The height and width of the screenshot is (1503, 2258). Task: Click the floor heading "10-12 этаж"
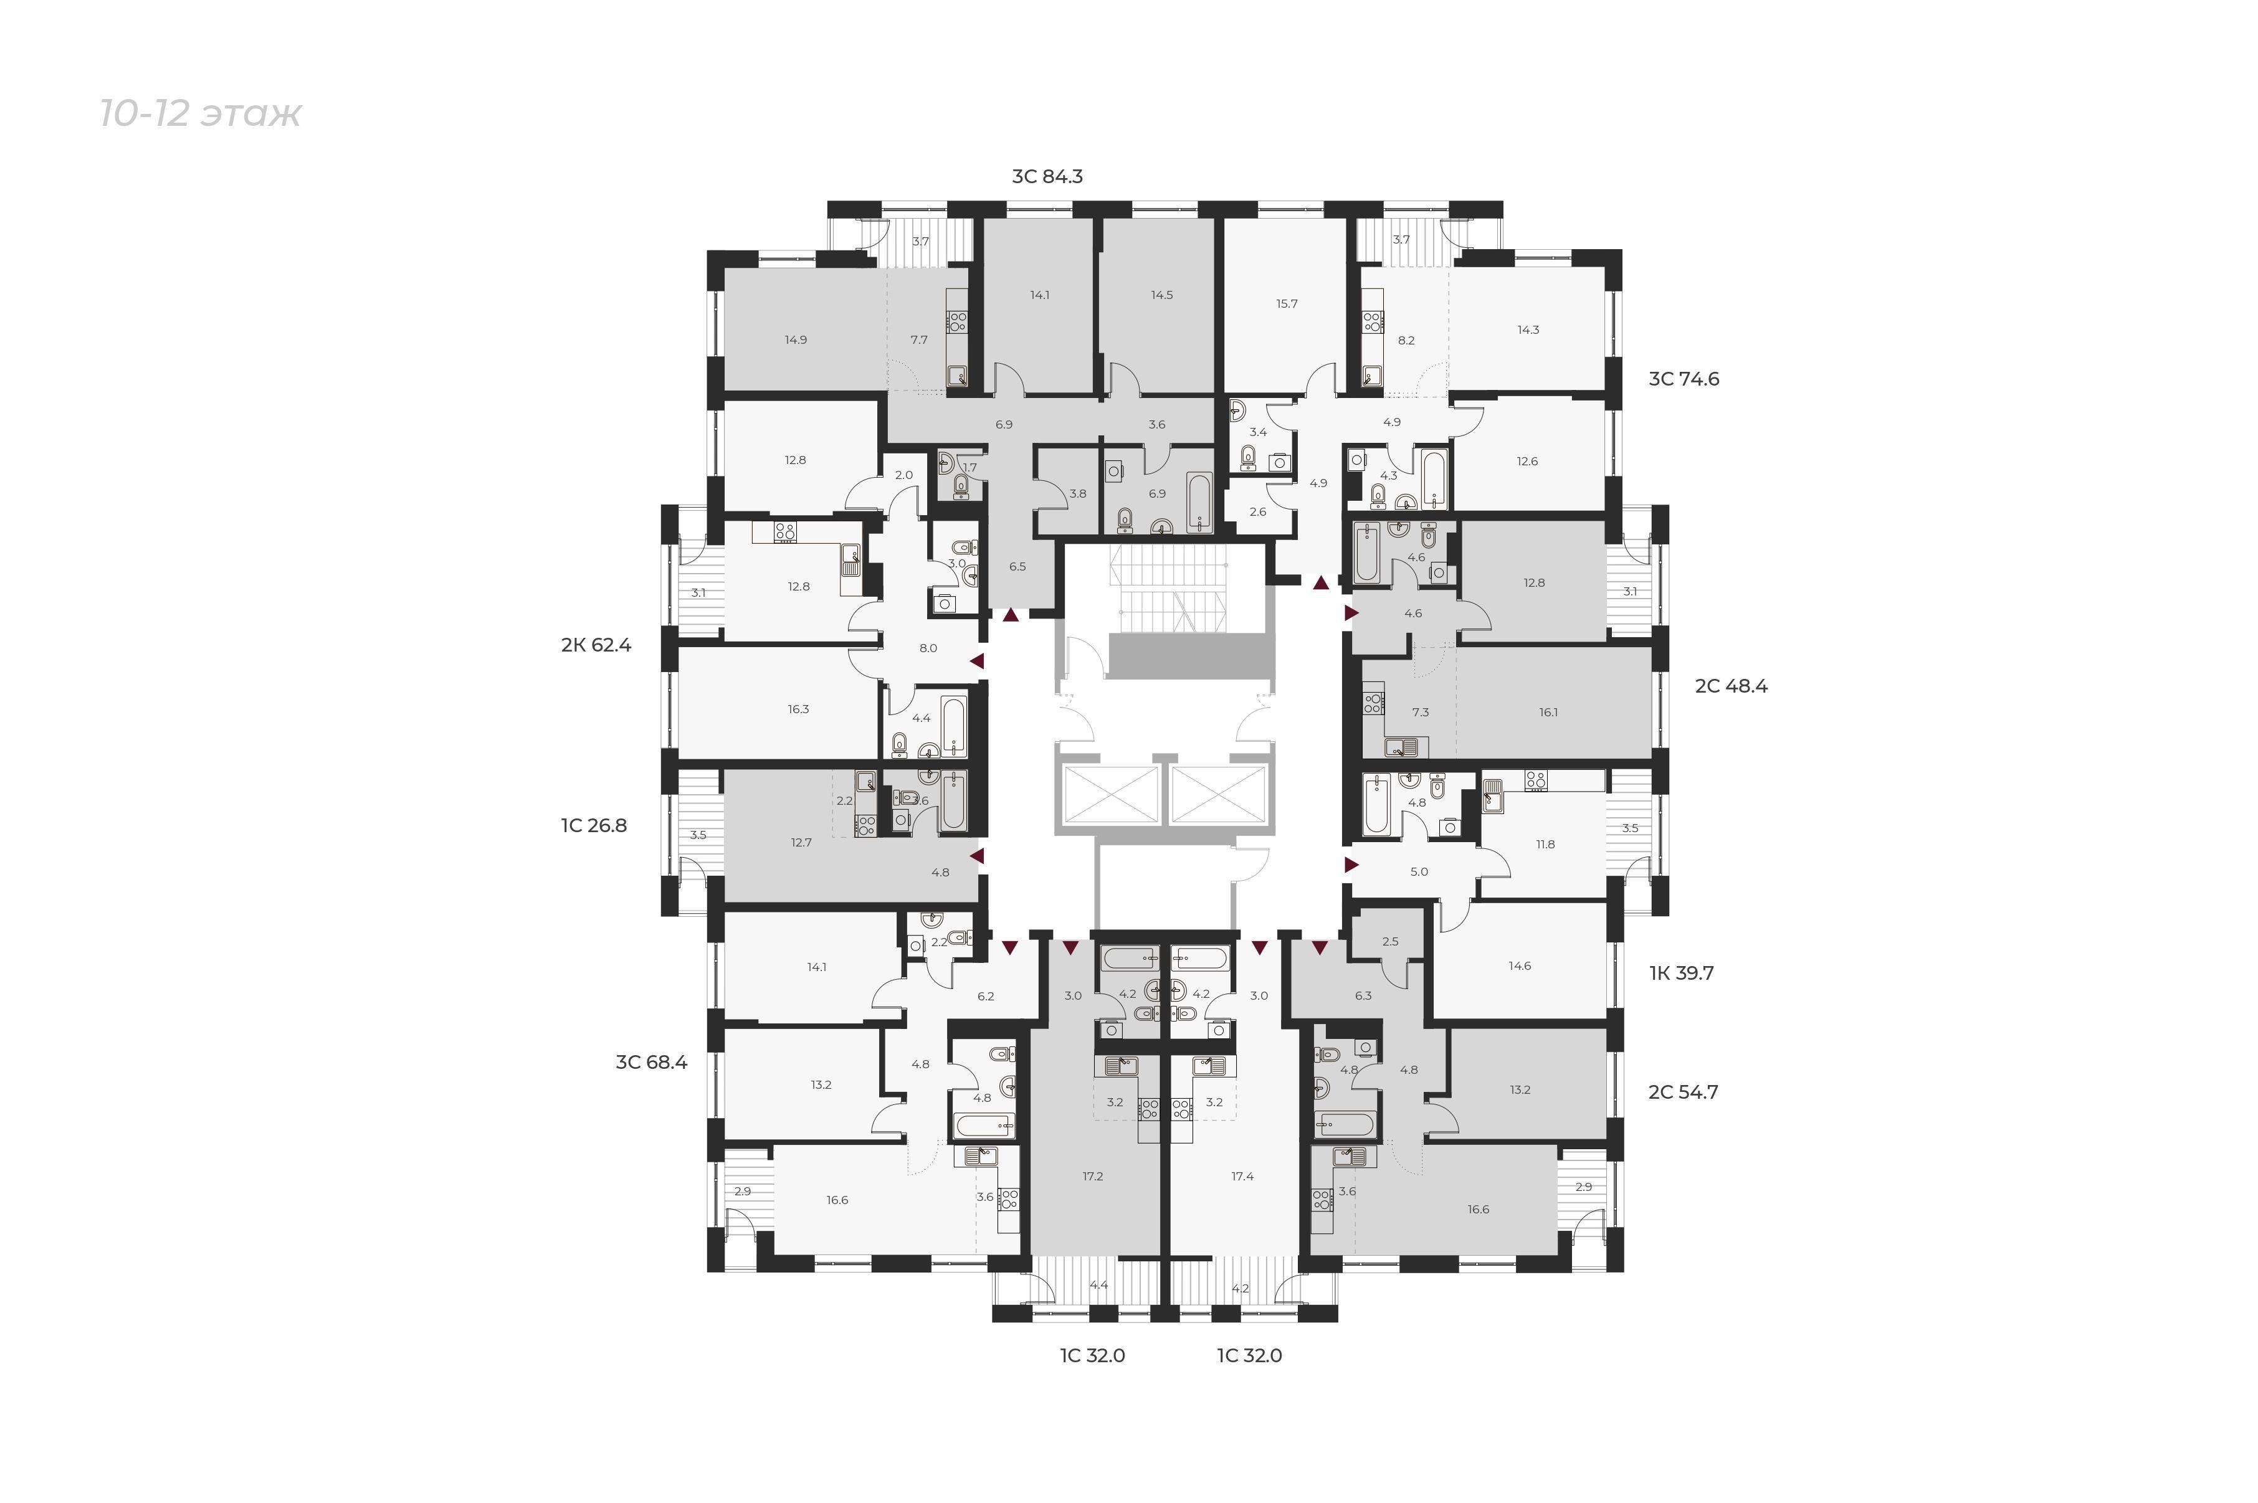[201, 114]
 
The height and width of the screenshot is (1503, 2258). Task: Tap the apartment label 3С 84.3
[1047, 176]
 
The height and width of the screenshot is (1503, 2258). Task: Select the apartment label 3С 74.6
[1684, 379]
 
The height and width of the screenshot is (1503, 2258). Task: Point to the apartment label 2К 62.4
[596, 645]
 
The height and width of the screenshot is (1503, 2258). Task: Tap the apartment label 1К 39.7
[1682, 973]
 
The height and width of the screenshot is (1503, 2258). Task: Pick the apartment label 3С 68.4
[652, 1062]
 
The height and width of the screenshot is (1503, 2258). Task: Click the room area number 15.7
[1287, 304]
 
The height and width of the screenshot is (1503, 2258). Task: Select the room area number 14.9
[795, 339]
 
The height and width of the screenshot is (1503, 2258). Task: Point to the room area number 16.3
[799, 709]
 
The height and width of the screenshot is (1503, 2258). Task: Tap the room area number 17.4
[1242, 1176]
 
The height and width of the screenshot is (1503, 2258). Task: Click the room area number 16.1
[1548, 712]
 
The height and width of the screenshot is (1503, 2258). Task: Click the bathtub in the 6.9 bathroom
[1199, 501]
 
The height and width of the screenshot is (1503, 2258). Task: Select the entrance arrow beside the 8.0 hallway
[977, 660]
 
